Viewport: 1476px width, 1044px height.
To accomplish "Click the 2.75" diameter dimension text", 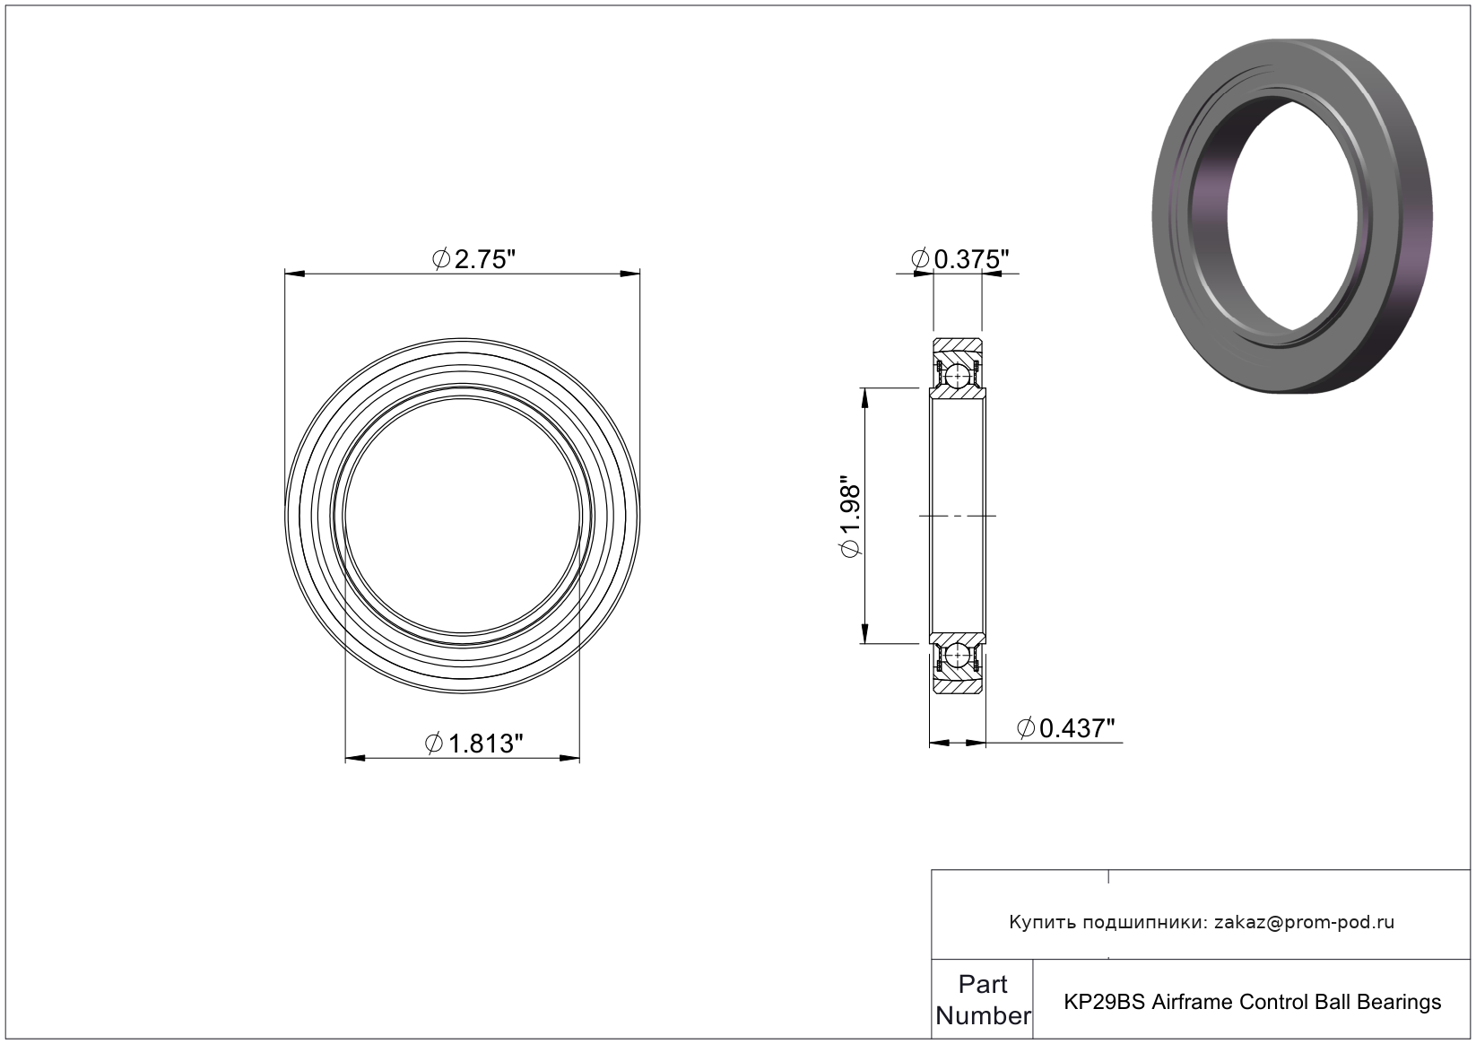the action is point(473,259).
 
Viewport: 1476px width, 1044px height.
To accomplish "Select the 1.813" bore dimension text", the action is point(473,743).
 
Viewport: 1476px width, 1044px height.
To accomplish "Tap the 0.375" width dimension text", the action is point(960,259).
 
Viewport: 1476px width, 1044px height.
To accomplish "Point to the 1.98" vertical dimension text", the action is point(850,516).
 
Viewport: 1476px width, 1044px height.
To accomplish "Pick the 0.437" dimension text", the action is point(1066,727).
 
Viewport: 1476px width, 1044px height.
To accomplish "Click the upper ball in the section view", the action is point(957,377).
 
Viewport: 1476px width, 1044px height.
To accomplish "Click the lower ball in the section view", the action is point(957,655).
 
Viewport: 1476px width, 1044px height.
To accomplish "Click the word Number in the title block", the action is point(983,1015).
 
